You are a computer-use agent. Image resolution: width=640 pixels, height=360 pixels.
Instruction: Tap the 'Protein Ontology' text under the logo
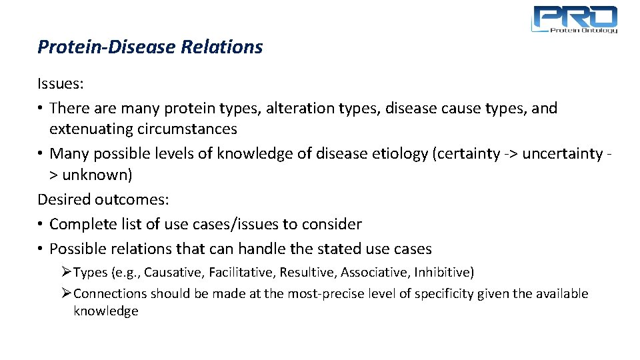pyautogui.click(x=583, y=30)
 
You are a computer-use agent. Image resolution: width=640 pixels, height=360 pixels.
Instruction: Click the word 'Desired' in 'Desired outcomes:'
pyautogui.click(x=64, y=199)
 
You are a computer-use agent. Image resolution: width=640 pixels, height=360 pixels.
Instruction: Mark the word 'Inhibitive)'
pyautogui.click(x=444, y=272)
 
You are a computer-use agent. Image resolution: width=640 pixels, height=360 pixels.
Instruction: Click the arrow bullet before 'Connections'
pyautogui.click(x=66, y=294)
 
